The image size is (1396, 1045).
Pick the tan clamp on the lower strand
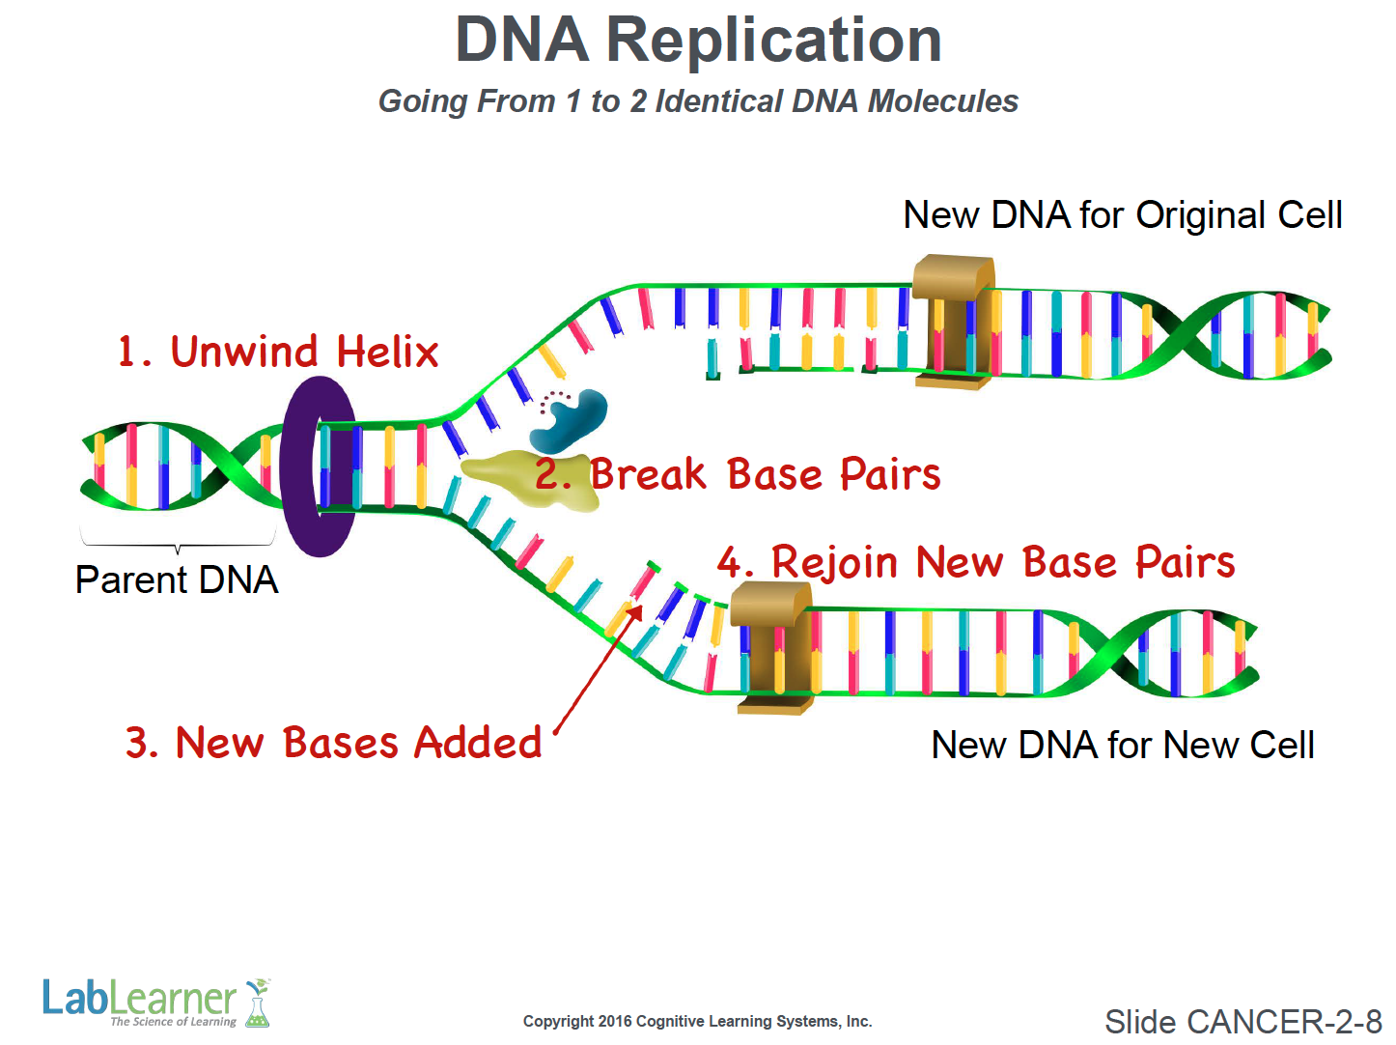[771, 647]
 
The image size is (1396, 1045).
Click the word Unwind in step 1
[243, 352]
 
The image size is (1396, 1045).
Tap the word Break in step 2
[648, 474]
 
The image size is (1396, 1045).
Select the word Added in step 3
[478, 743]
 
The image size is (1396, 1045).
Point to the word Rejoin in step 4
[834, 562]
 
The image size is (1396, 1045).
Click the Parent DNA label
[177, 580]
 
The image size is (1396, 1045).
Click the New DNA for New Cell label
[1122, 745]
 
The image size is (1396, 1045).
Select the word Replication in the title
[773, 41]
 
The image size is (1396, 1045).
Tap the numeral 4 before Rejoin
[730, 562]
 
